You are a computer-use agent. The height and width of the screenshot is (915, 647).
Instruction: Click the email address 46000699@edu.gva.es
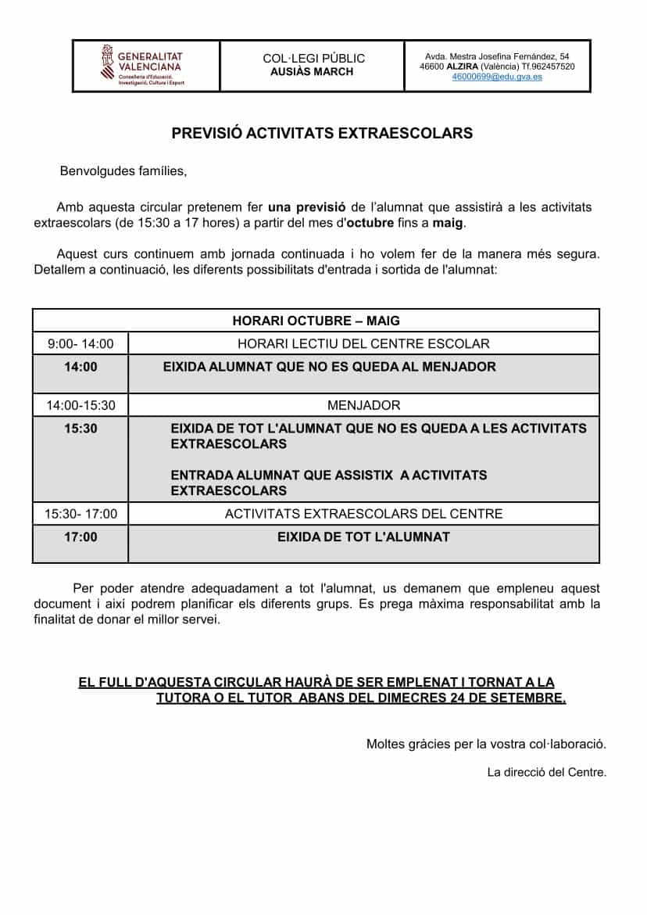(x=497, y=77)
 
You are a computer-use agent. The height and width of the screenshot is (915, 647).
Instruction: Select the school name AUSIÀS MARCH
(x=313, y=72)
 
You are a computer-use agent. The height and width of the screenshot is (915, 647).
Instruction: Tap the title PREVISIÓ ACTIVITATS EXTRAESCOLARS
(x=322, y=133)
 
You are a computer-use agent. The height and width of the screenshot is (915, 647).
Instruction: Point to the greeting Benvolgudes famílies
(x=123, y=171)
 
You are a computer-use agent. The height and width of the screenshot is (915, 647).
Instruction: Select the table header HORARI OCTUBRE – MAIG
(x=316, y=321)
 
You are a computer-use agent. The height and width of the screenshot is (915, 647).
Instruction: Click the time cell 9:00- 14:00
(x=80, y=343)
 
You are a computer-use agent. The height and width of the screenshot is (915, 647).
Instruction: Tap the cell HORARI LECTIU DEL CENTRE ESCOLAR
(x=363, y=343)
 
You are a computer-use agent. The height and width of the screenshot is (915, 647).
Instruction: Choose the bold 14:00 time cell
(x=80, y=366)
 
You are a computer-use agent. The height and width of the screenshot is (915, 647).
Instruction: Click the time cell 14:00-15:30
(x=80, y=405)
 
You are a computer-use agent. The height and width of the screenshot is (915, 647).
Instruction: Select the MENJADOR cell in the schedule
(x=363, y=405)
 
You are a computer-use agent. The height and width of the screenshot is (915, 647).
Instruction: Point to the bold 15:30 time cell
(x=80, y=429)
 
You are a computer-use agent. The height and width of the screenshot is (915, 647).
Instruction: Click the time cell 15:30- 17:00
(x=80, y=514)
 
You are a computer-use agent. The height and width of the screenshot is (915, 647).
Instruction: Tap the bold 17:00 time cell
(x=80, y=537)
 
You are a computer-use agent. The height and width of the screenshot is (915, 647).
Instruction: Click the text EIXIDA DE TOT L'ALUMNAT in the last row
(x=363, y=537)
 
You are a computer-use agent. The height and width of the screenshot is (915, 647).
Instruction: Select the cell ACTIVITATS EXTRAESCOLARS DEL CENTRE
(x=363, y=514)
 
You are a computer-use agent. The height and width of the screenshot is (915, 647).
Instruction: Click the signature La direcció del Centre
(x=546, y=773)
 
